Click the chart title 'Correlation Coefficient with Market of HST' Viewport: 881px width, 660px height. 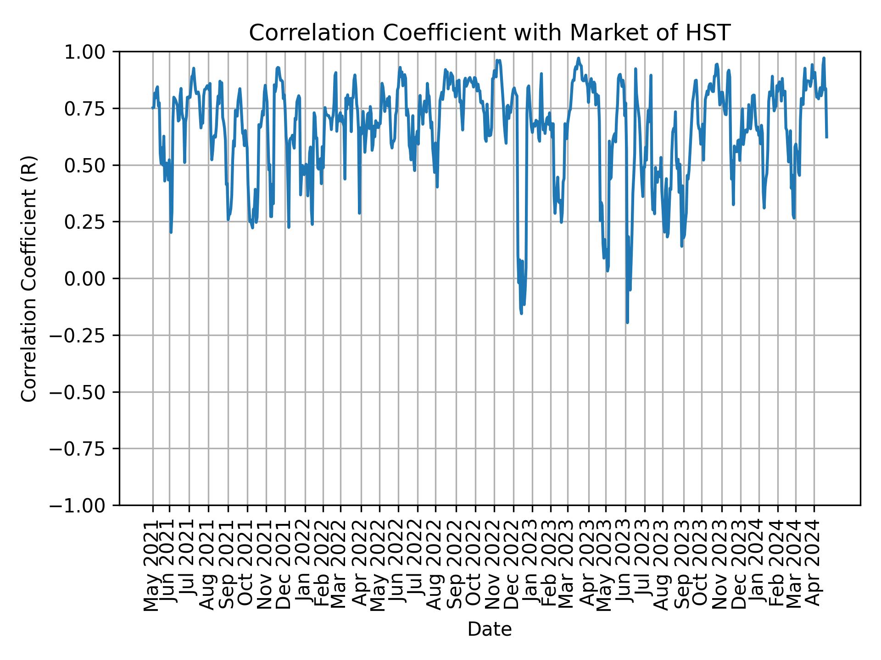pos(489,33)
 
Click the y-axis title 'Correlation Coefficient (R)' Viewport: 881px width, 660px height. pos(29,279)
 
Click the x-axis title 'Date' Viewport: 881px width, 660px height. pos(489,629)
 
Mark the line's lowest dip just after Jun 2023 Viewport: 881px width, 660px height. pos(627,322)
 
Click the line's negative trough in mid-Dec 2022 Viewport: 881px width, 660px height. pos(521,313)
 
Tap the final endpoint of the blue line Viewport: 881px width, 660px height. pos(826,137)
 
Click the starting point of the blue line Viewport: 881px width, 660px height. pos(153,108)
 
